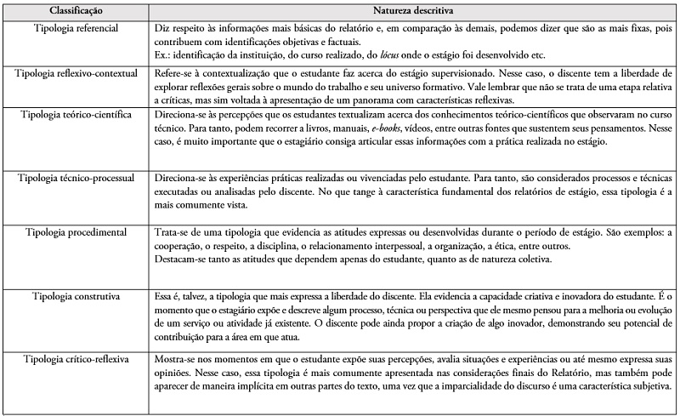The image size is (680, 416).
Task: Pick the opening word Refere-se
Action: pos(173,74)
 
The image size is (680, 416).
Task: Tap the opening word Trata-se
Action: pos(171,232)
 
